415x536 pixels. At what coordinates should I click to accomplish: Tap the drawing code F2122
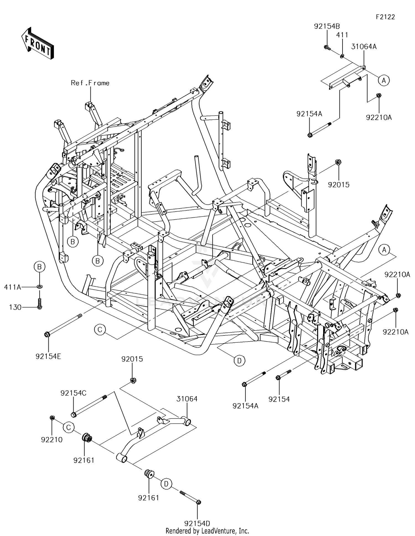(x=385, y=17)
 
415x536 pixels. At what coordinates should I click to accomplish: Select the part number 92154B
(x=327, y=26)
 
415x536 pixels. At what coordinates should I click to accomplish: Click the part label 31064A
(x=364, y=46)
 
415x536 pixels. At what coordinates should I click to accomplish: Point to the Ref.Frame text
(x=90, y=83)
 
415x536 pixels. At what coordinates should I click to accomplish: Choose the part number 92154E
(x=48, y=357)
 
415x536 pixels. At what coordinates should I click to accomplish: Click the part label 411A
(x=13, y=287)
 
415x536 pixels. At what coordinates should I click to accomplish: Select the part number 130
(x=15, y=307)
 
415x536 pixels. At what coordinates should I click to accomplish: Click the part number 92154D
(x=197, y=523)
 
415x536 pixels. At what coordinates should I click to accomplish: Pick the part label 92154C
(x=73, y=393)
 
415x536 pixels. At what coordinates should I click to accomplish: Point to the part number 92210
(x=52, y=440)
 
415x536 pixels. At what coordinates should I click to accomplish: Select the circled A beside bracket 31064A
(x=384, y=80)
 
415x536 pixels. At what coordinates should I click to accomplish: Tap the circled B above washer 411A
(x=40, y=267)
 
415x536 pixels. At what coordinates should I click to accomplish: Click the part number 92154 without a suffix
(x=279, y=399)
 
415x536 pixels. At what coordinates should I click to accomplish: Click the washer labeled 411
(x=342, y=56)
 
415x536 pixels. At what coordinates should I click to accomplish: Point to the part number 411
(x=342, y=35)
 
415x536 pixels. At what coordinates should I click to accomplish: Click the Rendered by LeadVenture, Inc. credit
(x=207, y=531)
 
